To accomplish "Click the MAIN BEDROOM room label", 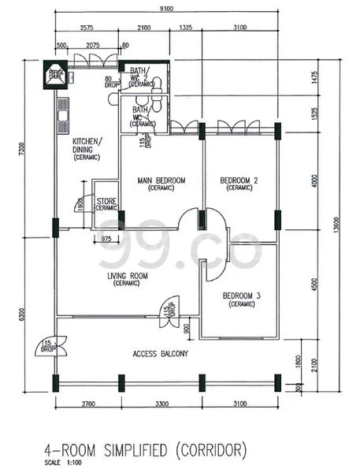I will pyautogui.click(x=161, y=181).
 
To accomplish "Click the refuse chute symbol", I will pyautogui.click(x=57, y=74).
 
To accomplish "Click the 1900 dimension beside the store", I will pyautogui.click(x=82, y=203).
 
